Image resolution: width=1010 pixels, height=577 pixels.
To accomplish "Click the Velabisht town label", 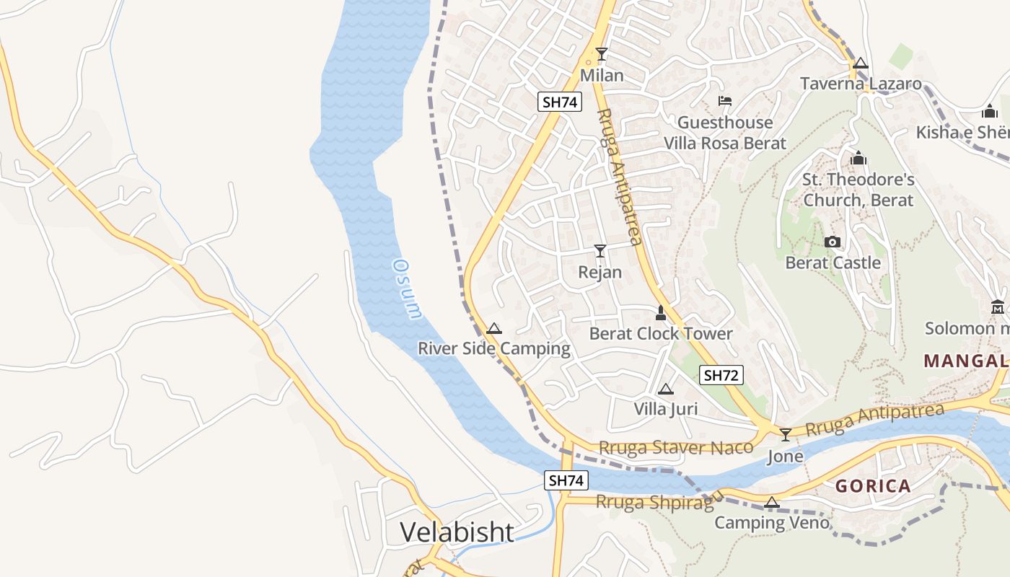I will click(x=457, y=532).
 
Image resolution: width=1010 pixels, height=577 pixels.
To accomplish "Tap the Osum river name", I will click(x=406, y=288).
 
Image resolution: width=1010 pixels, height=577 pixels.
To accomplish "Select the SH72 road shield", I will click(x=721, y=375).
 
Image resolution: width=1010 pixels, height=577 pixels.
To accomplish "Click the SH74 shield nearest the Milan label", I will click(x=560, y=102).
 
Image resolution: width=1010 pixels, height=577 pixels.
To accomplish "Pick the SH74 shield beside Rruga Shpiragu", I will click(x=566, y=480).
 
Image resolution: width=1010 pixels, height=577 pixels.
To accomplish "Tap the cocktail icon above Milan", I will click(x=601, y=54).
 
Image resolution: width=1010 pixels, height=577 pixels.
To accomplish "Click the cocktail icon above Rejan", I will click(x=600, y=251).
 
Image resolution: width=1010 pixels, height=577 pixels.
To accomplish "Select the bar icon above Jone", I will click(x=785, y=434).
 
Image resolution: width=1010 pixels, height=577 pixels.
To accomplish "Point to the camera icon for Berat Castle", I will click(x=833, y=242).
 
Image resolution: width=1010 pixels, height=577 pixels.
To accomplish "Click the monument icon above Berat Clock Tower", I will click(x=660, y=313).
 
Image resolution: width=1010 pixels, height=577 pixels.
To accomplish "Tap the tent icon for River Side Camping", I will click(x=494, y=329).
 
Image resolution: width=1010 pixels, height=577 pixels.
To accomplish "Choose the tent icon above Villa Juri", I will click(x=666, y=389).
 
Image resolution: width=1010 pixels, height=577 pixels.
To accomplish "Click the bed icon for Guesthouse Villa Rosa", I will click(x=724, y=101).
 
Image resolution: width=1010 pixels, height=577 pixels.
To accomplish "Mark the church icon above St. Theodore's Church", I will click(x=858, y=158).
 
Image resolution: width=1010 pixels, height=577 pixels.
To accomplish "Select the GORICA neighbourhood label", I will click(x=873, y=486).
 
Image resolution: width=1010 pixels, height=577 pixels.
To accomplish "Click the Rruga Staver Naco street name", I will click(x=676, y=448).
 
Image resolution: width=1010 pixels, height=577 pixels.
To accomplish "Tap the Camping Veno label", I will click(x=772, y=522).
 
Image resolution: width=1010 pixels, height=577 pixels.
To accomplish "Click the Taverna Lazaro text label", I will click(x=861, y=84).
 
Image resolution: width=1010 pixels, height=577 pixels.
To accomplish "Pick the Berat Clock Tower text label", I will click(x=660, y=333).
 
